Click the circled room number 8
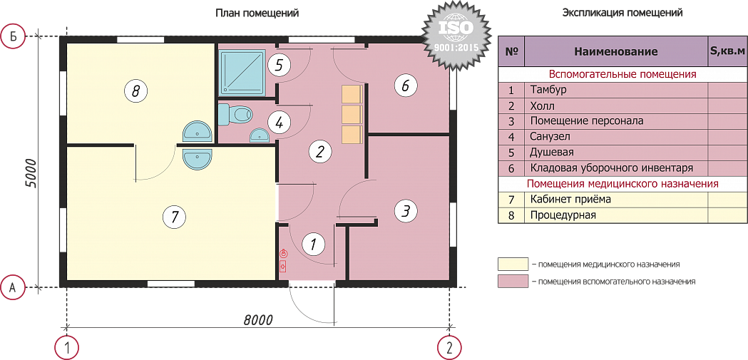tap(135, 90)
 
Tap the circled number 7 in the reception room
tap(174, 217)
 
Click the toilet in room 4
tap(235, 115)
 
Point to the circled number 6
tap(405, 86)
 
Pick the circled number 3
tap(405, 210)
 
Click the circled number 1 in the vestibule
tap(314, 245)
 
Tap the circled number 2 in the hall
tap(319, 152)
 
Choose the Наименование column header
tap(615, 51)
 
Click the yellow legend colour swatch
tap(513, 264)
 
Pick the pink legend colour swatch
tap(513, 282)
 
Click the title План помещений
tap(257, 13)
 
